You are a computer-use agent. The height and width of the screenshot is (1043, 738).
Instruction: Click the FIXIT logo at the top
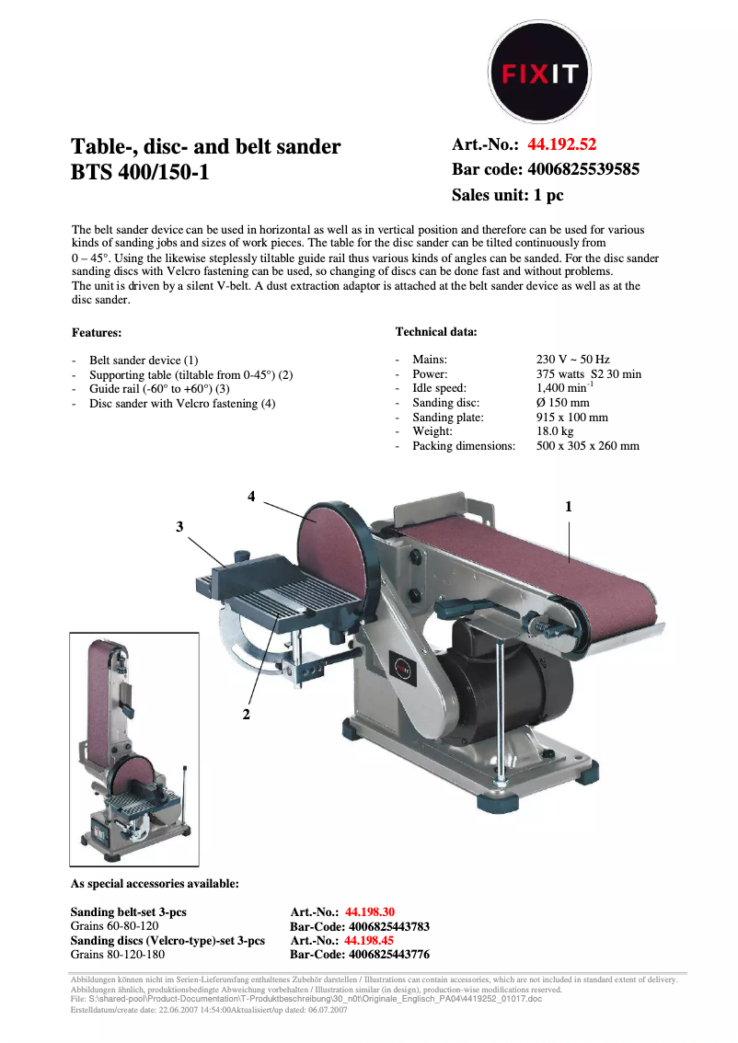tap(538, 73)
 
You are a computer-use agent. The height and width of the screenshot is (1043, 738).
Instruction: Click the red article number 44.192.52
tap(561, 144)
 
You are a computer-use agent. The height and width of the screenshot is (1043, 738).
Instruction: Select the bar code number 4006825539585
tap(582, 169)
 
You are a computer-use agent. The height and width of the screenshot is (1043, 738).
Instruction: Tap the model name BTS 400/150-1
tap(140, 171)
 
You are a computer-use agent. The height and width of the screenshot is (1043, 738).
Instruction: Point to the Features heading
tap(97, 332)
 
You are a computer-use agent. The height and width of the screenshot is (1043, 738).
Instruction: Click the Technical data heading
tap(436, 331)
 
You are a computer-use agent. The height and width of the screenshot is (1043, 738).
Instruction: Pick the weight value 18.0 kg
tap(555, 430)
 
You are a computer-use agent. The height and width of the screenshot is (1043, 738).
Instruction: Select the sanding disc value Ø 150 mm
tap(562, 402)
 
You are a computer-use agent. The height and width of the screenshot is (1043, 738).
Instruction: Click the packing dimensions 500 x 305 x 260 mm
tap(587, 445)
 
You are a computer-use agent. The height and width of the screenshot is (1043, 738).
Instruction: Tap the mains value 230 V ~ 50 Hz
tap(572, 360)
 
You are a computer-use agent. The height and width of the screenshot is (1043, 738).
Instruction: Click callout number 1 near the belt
tap(569, 506)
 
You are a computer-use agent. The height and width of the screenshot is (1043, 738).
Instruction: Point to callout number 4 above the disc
tap(251, 497)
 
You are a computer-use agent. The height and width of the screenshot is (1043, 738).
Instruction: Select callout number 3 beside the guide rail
tap(180, 526)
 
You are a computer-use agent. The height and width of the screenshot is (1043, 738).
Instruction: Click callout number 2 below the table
tap(247, 714)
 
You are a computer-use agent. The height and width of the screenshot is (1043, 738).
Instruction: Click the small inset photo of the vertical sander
tap(134, 749)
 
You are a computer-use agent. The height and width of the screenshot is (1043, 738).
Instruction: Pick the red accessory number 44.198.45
tap(369, 941)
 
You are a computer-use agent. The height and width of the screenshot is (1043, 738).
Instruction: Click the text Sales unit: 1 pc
tap(507, 195)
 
